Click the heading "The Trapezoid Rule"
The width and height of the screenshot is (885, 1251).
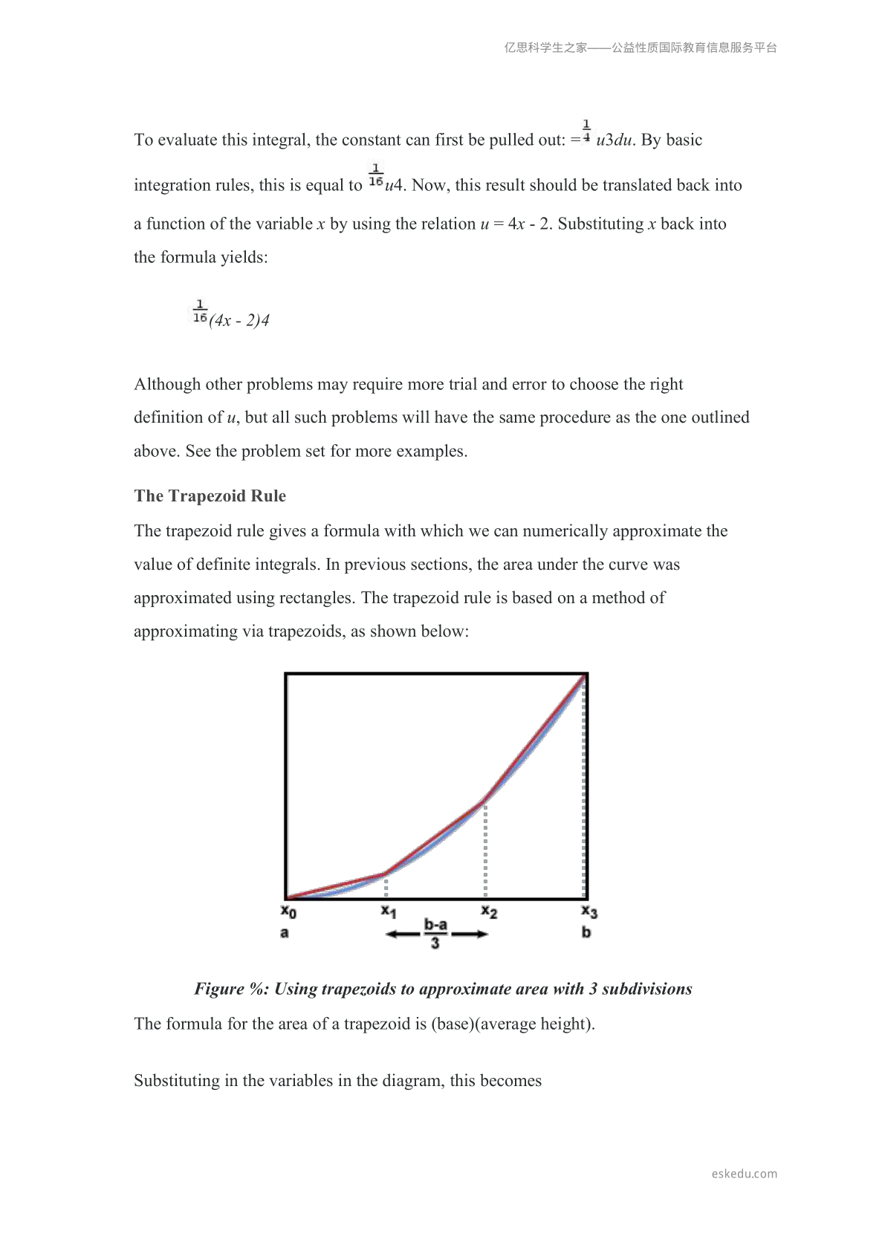pos(210,496)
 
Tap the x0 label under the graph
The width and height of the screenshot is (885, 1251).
pos(288,911)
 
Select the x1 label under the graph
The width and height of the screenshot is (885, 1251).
pos(389,911)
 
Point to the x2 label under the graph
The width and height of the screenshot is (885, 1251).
pos(489,911)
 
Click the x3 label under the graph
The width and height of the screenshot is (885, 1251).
pos(589,911)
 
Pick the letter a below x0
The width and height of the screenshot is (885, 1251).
pos(285,932)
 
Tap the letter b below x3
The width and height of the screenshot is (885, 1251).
pos(586,932)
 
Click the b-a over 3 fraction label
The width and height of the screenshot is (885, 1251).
pos(435,933)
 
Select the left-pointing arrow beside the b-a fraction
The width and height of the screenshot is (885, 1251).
pos(403,934)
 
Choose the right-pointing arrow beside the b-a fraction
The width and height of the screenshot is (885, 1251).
pos(470,934)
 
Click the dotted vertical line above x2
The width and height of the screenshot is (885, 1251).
pos(485,851)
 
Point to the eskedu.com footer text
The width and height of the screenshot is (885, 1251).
pos(744,1174)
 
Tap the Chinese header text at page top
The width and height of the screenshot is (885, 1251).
pos(641,48)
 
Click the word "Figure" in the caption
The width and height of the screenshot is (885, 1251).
pos(219,989)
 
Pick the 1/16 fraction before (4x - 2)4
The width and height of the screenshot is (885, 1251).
pos(200,312)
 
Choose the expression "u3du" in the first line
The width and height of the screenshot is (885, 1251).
pos(614,140)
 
